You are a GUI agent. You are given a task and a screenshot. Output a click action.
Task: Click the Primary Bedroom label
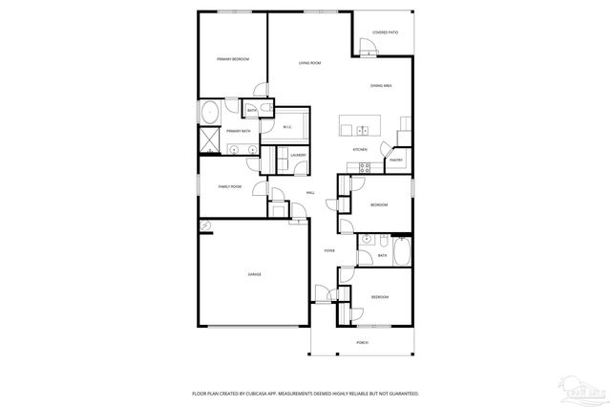pyautogui.click(x=232, y=60)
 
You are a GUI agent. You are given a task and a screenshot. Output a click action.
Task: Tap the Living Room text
pyautogui.click(x=309, y=63)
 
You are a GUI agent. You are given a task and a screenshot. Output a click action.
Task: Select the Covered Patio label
pyautogui.click(x=386, y=32)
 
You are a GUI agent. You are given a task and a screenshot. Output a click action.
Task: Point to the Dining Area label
pyautogui.click(x=382, y=87)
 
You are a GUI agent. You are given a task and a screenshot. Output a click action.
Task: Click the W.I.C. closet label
pyautogui.click(x=287, y=127)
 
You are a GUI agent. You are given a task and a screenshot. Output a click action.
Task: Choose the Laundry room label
pyautogui.click(x=298, y=155)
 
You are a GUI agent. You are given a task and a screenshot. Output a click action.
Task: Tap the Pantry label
pyautogui.click(x=395, y=160)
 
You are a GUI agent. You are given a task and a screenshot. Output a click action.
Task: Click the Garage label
pyautogui.click(x=255, y=274)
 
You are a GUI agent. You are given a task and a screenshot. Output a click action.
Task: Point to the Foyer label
pyautogui.click(x=329, y=251)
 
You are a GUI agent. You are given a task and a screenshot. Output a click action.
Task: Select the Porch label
pyautogui.click(x=362, y=341)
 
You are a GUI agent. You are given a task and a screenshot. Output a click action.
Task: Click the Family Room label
pyautogui.click(x=230, y=186)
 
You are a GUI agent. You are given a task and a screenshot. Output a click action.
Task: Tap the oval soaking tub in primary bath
pyautogui.click(x=209, y=112)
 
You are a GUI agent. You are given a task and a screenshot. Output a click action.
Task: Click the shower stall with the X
pyautogui.click(x=209, y=140)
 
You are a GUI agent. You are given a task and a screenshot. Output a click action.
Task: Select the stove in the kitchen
pyautogui.click(x=363, y=167)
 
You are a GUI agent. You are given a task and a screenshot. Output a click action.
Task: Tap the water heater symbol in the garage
pyautogui.click(x=204, y=225)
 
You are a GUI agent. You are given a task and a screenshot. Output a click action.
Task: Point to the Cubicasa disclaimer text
pyautogui.click(x=305, y=393)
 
